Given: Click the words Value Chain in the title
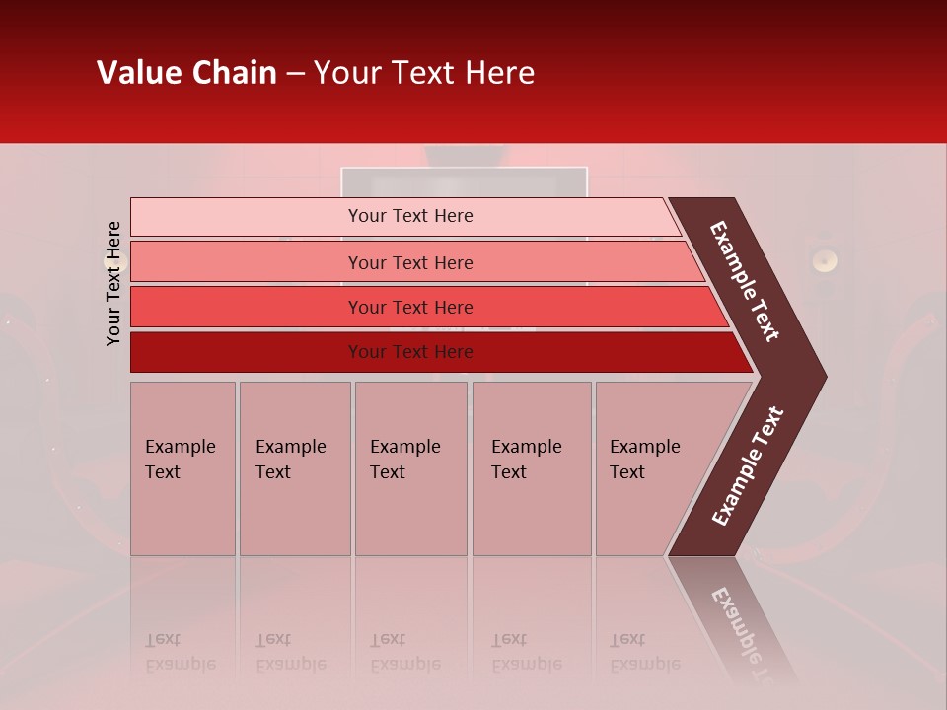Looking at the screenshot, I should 186,73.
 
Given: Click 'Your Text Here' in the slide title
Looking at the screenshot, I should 424,73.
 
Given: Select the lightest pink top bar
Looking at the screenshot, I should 247,216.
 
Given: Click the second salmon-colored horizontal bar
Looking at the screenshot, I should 247,262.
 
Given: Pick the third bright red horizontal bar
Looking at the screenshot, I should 247,307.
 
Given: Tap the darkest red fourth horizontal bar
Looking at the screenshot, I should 247,352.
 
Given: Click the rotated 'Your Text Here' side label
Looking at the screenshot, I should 113,284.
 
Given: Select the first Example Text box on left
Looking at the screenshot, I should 182,468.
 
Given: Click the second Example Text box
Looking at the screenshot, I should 294,468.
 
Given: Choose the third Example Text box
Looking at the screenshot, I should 409,468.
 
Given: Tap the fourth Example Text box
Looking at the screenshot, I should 531,468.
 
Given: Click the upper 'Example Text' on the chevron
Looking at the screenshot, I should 745,282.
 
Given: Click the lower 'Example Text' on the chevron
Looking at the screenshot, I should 748,466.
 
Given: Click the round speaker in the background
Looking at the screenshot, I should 824,260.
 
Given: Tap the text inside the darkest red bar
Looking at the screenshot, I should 410,352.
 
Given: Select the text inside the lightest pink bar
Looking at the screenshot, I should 410,216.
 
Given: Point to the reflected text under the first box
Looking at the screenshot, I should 180,652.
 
